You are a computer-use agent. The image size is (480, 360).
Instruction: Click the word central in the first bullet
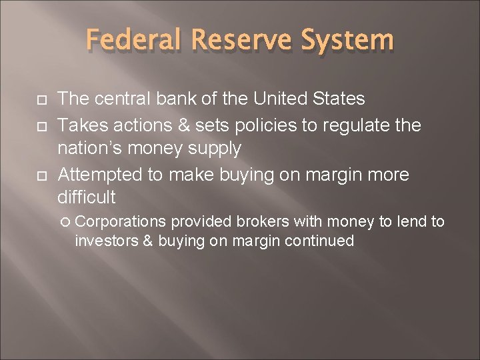point(123,99)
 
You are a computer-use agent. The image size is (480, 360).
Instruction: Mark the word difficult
point(87,198)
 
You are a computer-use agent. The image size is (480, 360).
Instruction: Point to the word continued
point(319,241)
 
